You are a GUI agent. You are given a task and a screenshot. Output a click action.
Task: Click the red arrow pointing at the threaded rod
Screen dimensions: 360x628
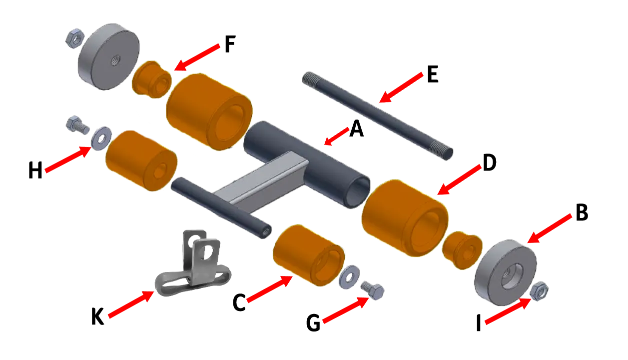click(x=400, y=88)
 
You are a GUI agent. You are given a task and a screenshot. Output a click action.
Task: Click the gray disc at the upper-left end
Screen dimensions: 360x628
click(x=107, y=56)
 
